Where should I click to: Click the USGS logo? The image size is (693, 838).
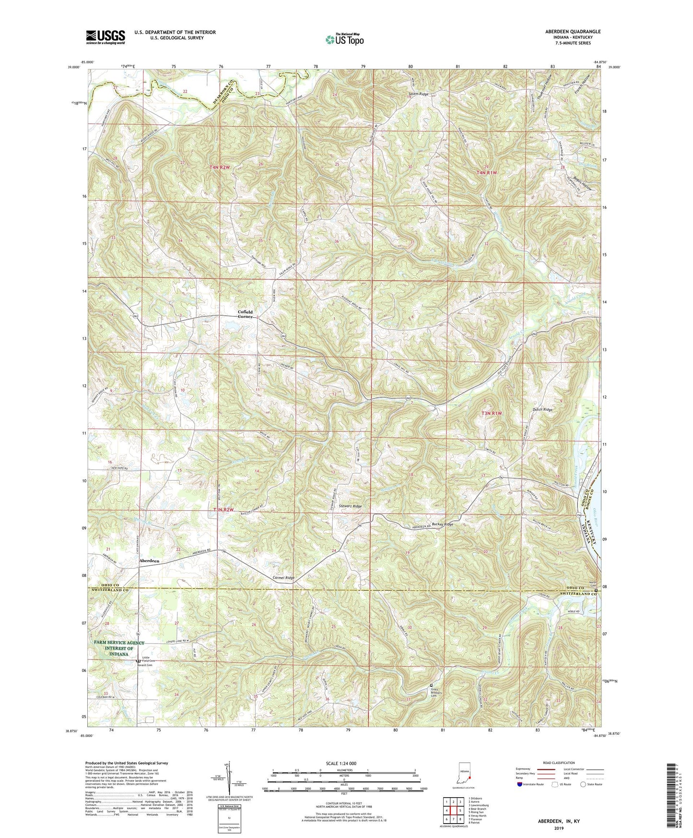click(x=105, y=37)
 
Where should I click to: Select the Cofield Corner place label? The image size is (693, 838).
click(x=246, y=314)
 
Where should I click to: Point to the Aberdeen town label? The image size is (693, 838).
click(x=149, y=561)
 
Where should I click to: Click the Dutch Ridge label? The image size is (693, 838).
click(x=542, y=409)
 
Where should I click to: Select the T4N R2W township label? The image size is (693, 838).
click(x=222, y=167)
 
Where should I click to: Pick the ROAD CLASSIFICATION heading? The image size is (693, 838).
click(x=559, y=763)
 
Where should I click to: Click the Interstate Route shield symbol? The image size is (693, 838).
click(x=520, y=784)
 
